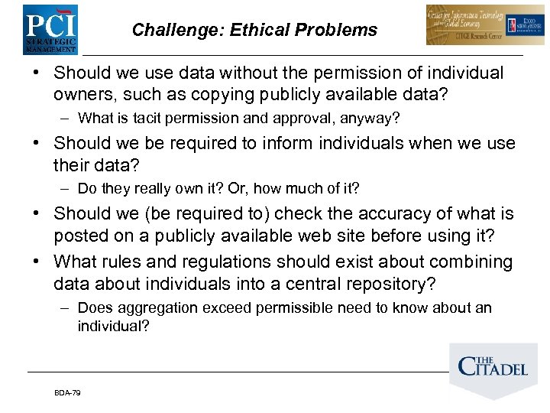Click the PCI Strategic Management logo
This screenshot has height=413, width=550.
(50, 28)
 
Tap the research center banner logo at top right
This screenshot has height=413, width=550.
(474, 25)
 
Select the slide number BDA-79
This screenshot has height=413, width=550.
(67, 392)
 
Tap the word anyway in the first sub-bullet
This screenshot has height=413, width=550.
(369, 119)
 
